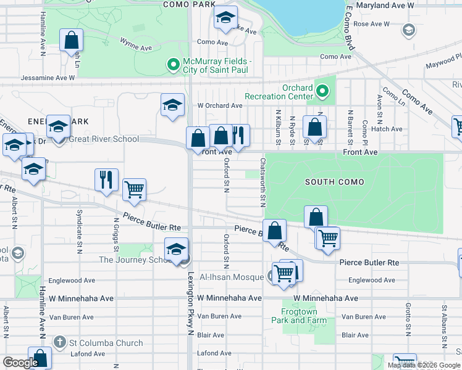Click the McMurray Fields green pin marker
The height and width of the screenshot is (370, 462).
tap(173, 64)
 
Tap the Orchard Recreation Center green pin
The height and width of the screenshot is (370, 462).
tap(322, 92)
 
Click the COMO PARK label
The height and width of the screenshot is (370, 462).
tap(188, 4)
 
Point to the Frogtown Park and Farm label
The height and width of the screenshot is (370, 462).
tap(299, 316)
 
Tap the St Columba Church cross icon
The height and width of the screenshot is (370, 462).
tap(60, 342)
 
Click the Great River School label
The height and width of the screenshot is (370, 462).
tap(104, 139)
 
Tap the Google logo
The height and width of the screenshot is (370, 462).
tap(20, 363)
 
